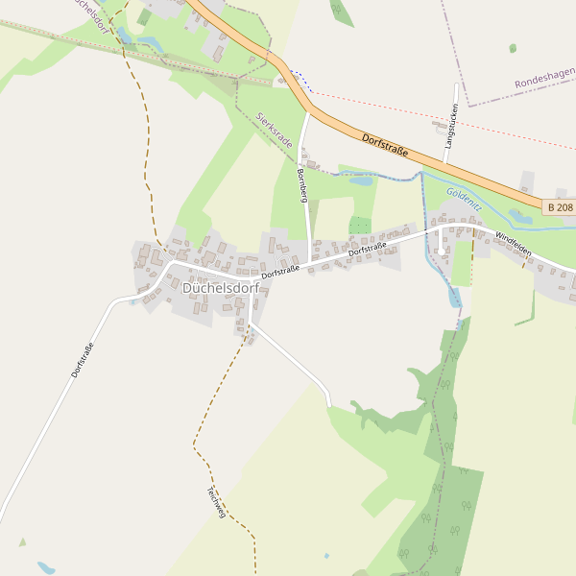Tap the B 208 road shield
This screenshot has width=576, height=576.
click(560, 207)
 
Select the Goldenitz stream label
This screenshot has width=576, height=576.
click(465, 199)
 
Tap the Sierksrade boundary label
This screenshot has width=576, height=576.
click(275, 130)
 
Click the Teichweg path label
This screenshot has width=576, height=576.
click(215, 502)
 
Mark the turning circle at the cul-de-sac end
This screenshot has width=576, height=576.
click(441, 252)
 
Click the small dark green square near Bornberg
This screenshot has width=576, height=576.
click(360, 226)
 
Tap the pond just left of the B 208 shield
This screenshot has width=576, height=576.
click(520, 217)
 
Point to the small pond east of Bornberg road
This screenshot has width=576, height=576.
click(361, 180)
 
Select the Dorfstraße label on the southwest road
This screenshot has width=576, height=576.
click(83, 360)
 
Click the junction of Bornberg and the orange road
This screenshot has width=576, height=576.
click(308, 111)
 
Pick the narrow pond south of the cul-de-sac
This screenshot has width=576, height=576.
click(454, 297)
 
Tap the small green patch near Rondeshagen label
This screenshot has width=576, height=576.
click(513, 48)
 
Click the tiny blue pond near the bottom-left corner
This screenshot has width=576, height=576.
click(45, 567)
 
